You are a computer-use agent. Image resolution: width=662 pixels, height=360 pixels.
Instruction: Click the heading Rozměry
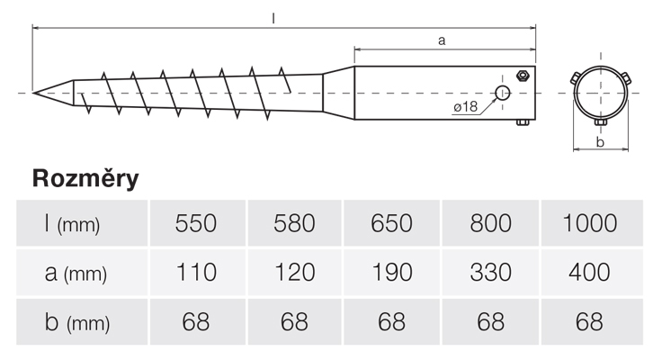85,178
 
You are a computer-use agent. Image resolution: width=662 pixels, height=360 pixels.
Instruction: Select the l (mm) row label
72,223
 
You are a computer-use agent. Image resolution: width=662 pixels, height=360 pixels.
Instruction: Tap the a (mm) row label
76,273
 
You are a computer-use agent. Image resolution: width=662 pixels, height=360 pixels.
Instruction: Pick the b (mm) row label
76,322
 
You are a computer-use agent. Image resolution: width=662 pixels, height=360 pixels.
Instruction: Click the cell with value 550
195,223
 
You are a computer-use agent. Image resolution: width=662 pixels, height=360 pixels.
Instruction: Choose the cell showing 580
293,223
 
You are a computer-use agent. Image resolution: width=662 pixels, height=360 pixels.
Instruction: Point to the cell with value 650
391,223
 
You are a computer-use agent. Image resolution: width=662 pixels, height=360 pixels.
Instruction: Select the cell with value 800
489,223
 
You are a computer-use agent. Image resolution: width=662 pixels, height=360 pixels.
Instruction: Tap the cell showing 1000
590,223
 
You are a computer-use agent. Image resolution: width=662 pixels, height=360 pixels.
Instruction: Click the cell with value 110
195,273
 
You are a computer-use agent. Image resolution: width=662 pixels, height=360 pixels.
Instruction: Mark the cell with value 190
391,273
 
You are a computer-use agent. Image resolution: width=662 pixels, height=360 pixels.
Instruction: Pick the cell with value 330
489,273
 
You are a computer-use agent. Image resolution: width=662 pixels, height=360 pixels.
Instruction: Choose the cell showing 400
590,273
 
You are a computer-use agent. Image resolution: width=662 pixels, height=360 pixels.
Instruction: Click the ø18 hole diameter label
465,107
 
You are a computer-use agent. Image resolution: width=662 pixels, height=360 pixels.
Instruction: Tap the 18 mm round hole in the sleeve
503,93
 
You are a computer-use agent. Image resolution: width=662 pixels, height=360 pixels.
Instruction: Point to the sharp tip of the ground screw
35,93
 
